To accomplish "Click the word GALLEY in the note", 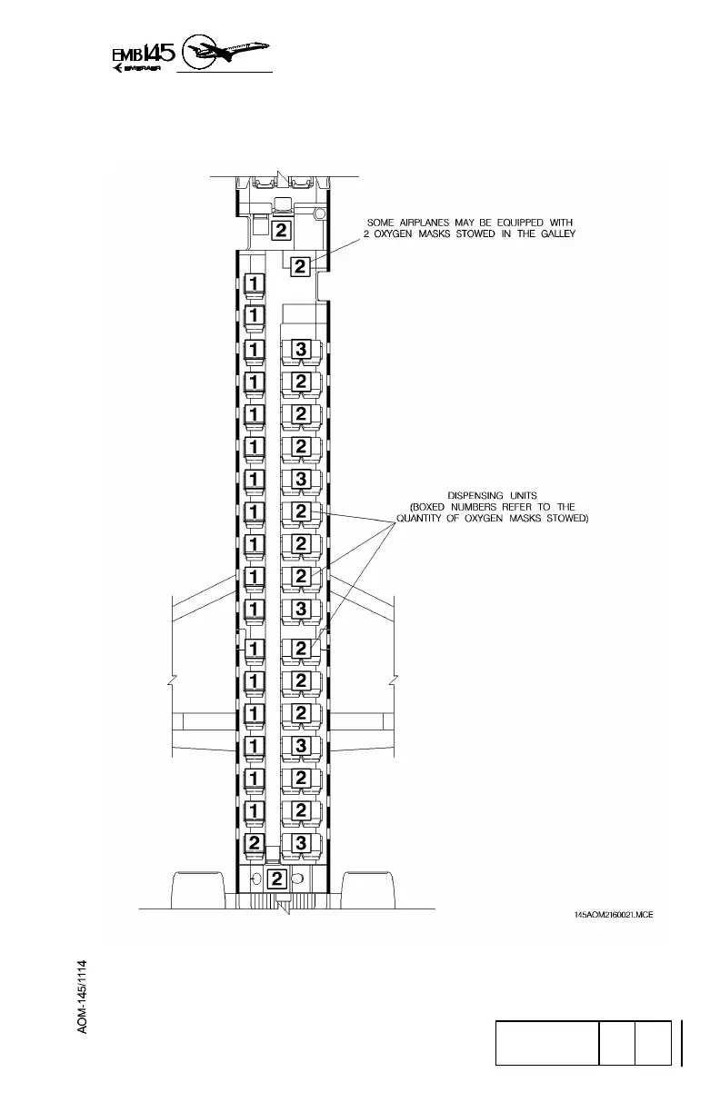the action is (x=555, y=234).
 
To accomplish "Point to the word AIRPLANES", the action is (x=439, y=222).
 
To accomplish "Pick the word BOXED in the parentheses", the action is (x=437, y=507).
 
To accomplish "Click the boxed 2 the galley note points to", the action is (x=300, y=266).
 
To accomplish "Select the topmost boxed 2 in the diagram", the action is (x=281, y=230).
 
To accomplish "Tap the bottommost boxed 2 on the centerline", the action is (x=278, y=879).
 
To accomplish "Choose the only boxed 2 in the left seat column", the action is (x=255, y=842).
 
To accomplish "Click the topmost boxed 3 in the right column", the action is (x=301, y=349).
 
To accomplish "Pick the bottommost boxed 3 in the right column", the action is (x=301, y=842).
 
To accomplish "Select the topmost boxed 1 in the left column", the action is (x=255, y=283).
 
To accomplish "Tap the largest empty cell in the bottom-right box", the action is (x=546, y=1042).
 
